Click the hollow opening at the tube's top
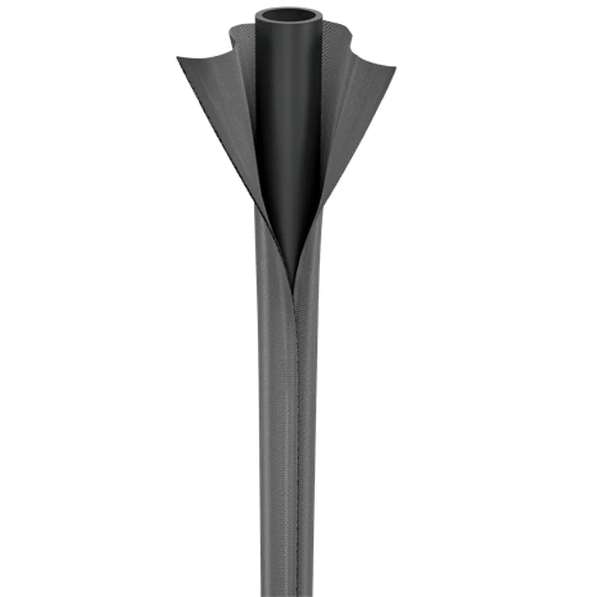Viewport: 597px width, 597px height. [x=288, y=18]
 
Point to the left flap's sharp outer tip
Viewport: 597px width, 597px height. [x=178, y=59]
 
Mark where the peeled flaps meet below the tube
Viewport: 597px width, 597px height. [x=293, y=271]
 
